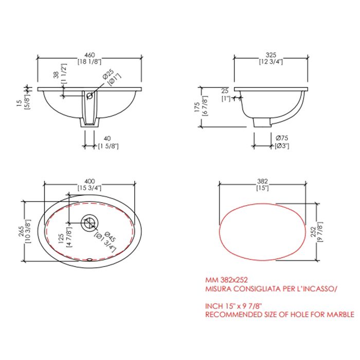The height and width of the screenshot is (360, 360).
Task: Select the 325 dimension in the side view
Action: [x=272, y=55]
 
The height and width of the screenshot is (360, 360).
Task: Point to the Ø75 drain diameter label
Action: [x=281, y=138]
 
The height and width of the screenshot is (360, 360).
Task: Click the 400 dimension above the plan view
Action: [x=89, y=181]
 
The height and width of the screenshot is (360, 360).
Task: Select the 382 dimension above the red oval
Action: [x=263, y=181]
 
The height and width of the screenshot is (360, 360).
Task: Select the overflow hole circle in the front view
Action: [x=89, y=96]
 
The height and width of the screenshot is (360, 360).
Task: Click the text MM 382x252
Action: [x=227, y=280]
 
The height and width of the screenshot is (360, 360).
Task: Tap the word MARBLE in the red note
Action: [x=339, y=314]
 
